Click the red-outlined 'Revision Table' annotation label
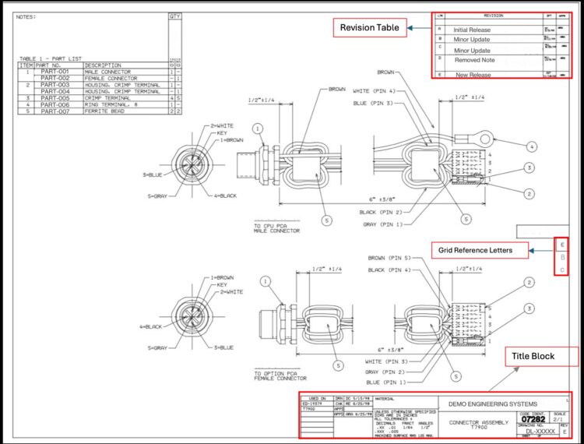pyautogui.click(x=368, y=28)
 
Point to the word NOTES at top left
pyautogui.click(x=27, y=16)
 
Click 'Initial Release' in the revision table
pyautogui.click(x=472, y=30)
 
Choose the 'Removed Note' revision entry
pyautogui.click(x=474, y=60)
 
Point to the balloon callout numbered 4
pyautogui.click(x=532, y=146)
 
